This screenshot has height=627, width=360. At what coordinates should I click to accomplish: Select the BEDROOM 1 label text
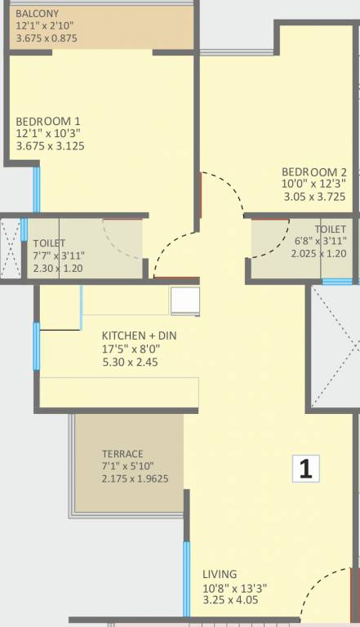[x=47, y=121]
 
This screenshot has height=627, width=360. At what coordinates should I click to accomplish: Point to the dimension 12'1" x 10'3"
[x=48, y=134]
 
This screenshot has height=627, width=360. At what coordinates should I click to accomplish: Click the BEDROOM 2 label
[x=314, y=171]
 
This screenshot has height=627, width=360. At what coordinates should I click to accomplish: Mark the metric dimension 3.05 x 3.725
[x=314, y=197]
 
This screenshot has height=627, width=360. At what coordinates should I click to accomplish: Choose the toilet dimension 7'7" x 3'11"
[x=59, y=255]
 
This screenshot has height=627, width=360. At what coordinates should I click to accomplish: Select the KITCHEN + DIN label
[x=138, y=336]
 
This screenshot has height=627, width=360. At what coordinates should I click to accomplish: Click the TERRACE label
[x=122, y=454]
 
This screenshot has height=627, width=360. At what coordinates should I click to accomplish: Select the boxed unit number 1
[x=306, y=469]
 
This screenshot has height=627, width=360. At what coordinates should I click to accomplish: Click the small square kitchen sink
[x=184, y=301]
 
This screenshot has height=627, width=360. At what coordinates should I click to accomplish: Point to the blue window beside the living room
[x=186, y=571]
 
